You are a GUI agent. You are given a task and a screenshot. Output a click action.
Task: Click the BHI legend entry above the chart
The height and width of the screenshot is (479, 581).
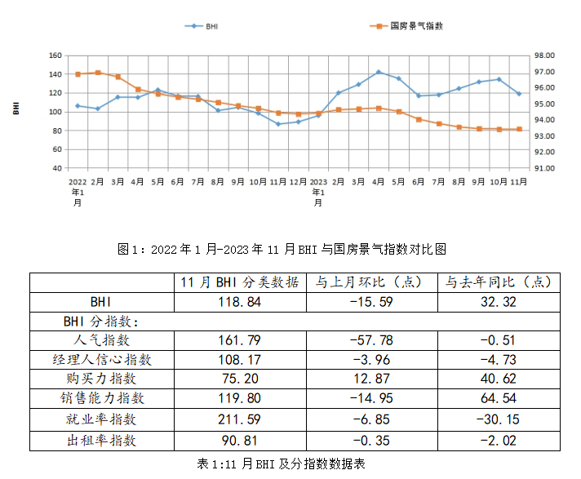(211, 26)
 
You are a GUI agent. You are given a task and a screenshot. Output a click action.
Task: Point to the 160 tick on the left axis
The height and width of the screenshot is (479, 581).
(55, 55)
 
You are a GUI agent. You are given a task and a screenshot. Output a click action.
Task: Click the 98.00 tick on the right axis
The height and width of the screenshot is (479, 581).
(545, 55)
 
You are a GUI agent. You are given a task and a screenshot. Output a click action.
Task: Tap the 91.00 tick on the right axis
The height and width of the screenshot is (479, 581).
(545, 168)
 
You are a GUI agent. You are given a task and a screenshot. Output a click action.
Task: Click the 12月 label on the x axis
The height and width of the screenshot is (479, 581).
(298, 181)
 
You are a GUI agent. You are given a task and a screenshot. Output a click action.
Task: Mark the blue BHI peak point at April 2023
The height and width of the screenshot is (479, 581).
(379, 72)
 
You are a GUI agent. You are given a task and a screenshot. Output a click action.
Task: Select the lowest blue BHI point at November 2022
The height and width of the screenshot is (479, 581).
(278, 124)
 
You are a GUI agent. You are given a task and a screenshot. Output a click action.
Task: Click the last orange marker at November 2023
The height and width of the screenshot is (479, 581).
(519, 129)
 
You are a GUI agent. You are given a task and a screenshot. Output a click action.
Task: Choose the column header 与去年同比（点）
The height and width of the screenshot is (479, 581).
(499, 282)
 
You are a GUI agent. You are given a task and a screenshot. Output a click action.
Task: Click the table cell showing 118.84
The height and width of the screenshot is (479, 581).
(239, 302)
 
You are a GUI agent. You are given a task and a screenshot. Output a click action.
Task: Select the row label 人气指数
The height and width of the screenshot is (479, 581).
(101, 340)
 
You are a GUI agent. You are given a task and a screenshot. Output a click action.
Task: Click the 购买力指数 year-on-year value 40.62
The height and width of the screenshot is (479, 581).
(499, 379)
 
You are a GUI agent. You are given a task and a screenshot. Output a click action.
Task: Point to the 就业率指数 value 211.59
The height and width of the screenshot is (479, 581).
(239, 419)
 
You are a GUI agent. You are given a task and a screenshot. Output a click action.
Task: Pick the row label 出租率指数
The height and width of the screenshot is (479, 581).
(101, 440)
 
